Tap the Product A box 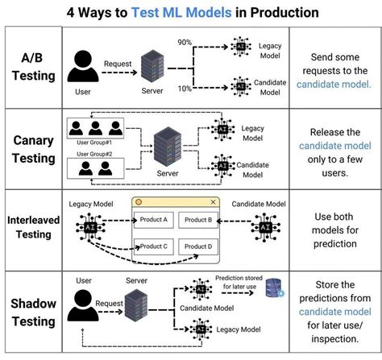(x=154, y=219)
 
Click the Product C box (x=154, y=246)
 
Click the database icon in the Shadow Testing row (x=275, y=287)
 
